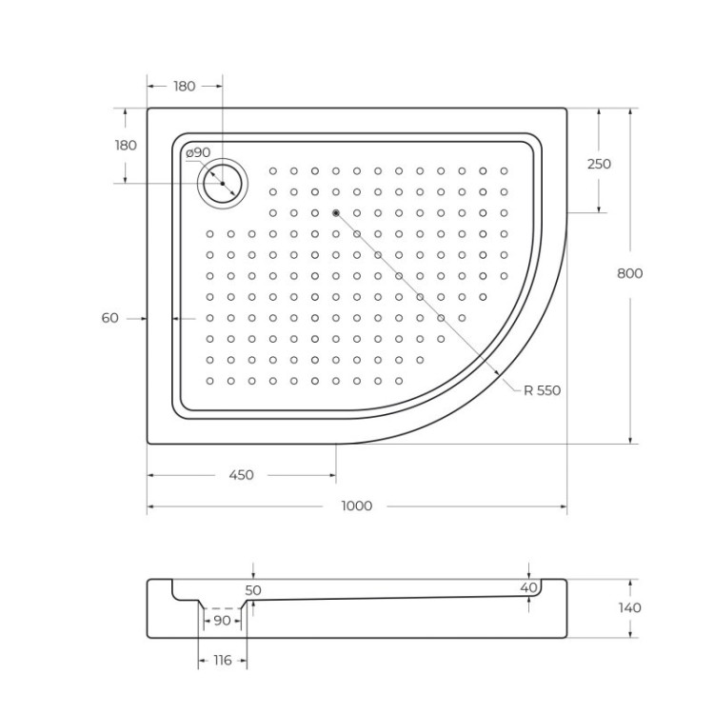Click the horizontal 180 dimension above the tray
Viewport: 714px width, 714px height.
coord(185,87)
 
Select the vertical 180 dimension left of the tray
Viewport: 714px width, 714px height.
coord(126,146)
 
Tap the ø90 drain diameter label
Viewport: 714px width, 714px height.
coord(197,152)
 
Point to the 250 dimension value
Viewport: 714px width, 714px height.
coord(599,164)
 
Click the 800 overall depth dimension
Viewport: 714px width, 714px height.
coord(629,273)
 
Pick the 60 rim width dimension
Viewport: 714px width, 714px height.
coord(110,318)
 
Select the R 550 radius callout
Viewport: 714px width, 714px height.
coord(543,390)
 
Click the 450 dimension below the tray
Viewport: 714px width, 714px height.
coord(242,475)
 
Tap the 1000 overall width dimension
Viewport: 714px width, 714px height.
coord(356,506)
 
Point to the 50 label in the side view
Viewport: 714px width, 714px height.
coord(252,590)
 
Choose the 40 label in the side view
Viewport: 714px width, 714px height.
coord(528,588)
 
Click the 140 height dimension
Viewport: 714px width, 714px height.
coord(629,607)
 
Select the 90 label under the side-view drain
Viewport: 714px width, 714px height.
coord(222,621)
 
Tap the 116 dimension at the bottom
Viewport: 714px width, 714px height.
coord(222,660)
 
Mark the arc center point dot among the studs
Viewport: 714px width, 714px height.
coord(336,212)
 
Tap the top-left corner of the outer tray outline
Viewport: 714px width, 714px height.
coord(148,109)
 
